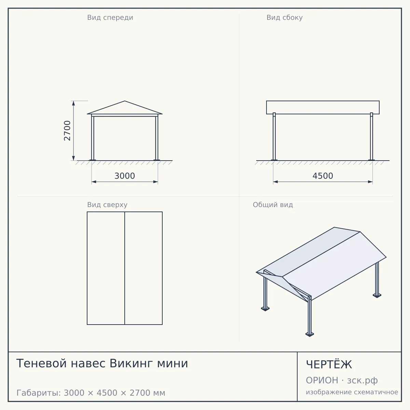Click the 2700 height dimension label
67,131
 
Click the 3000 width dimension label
125,176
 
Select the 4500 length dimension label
323,176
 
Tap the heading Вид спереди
110,17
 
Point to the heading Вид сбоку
285,17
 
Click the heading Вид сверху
107,205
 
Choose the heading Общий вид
273,205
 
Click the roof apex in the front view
125,101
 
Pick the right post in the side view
371,136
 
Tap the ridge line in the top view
125,268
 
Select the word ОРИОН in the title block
322,380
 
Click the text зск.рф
363,381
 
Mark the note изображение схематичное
352,392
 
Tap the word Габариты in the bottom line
39,393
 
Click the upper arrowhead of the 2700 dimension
73,103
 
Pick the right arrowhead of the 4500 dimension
370,182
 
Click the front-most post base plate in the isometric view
310,334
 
